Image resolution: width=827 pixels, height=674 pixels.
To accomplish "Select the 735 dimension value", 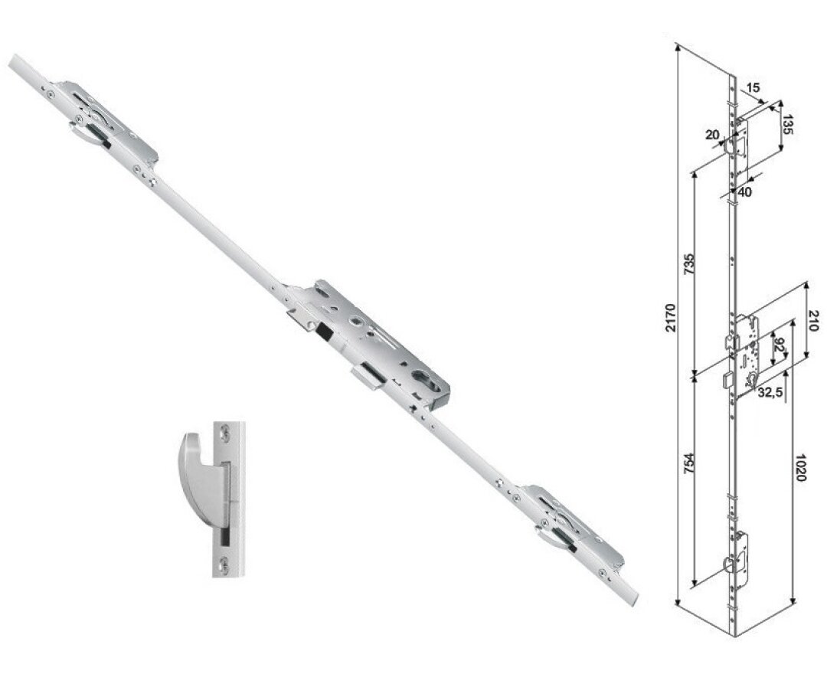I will point(688,265).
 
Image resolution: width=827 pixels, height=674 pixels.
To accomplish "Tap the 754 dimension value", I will point(689,464).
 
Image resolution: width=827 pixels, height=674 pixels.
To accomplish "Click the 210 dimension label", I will point(812,320).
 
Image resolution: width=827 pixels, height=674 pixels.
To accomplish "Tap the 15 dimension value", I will point(753,88).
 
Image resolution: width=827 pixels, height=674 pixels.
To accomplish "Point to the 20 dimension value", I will point(711,136).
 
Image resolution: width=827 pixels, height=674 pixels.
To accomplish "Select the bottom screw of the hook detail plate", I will point(224,565).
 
